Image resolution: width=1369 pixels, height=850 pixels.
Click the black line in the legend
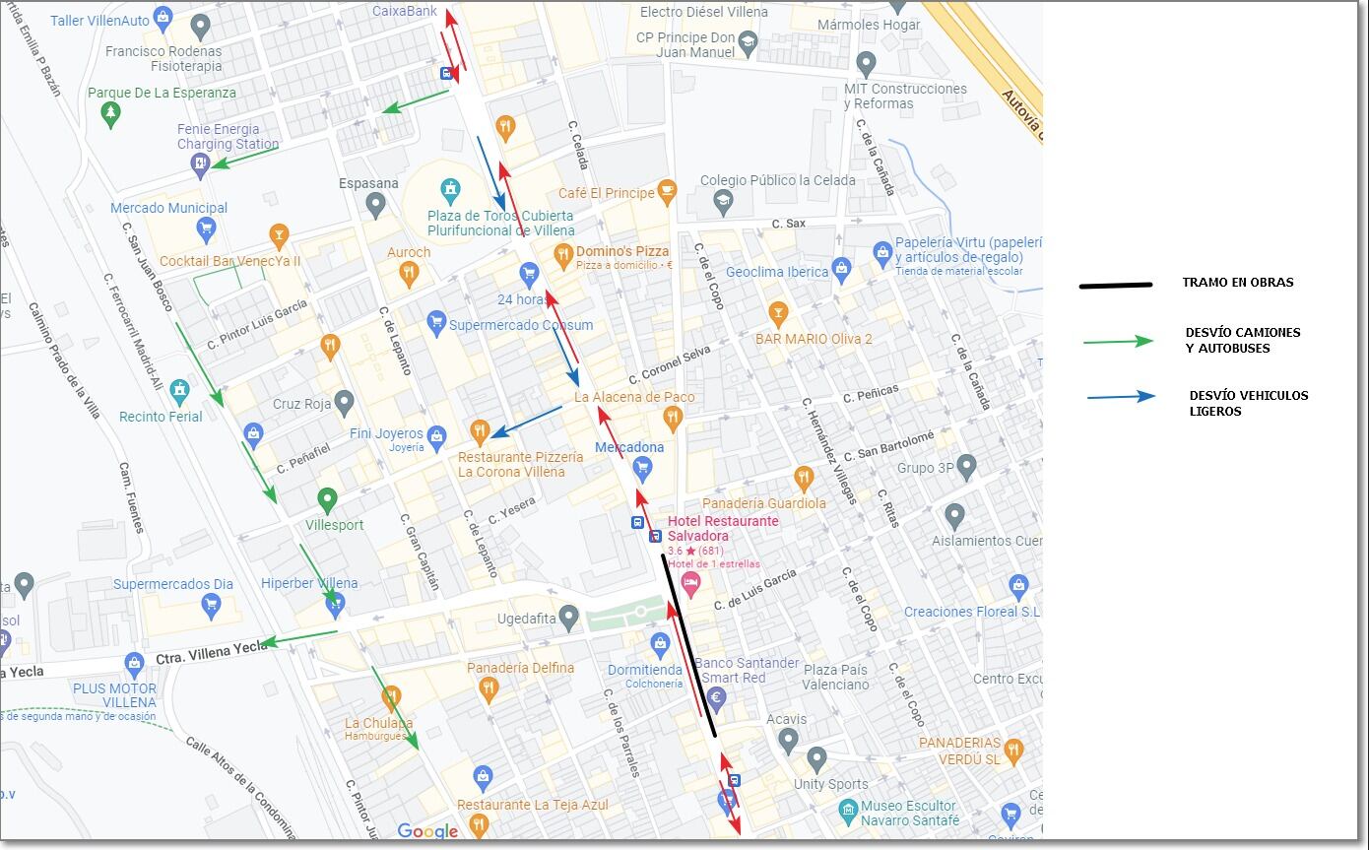click(1115, 286)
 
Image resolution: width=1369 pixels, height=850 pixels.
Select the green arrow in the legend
click(1118, 342)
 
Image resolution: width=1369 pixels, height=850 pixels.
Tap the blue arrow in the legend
click(1122, 397)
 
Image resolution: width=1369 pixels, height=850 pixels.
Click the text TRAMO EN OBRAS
click(1237, 283)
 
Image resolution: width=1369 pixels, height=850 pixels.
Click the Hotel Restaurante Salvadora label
click(723, 528)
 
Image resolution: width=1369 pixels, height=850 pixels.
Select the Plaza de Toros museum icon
click(450, 189)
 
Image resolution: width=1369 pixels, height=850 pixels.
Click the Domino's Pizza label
click(622, 252)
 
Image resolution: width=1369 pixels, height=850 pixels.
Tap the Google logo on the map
click(427, 831)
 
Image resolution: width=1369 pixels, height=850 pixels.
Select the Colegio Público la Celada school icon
click(724, 203)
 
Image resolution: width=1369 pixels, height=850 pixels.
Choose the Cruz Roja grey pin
click(344, 402)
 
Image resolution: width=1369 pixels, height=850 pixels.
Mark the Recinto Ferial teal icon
click(179, 392)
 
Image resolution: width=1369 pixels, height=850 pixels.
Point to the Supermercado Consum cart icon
click(436, 322)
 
